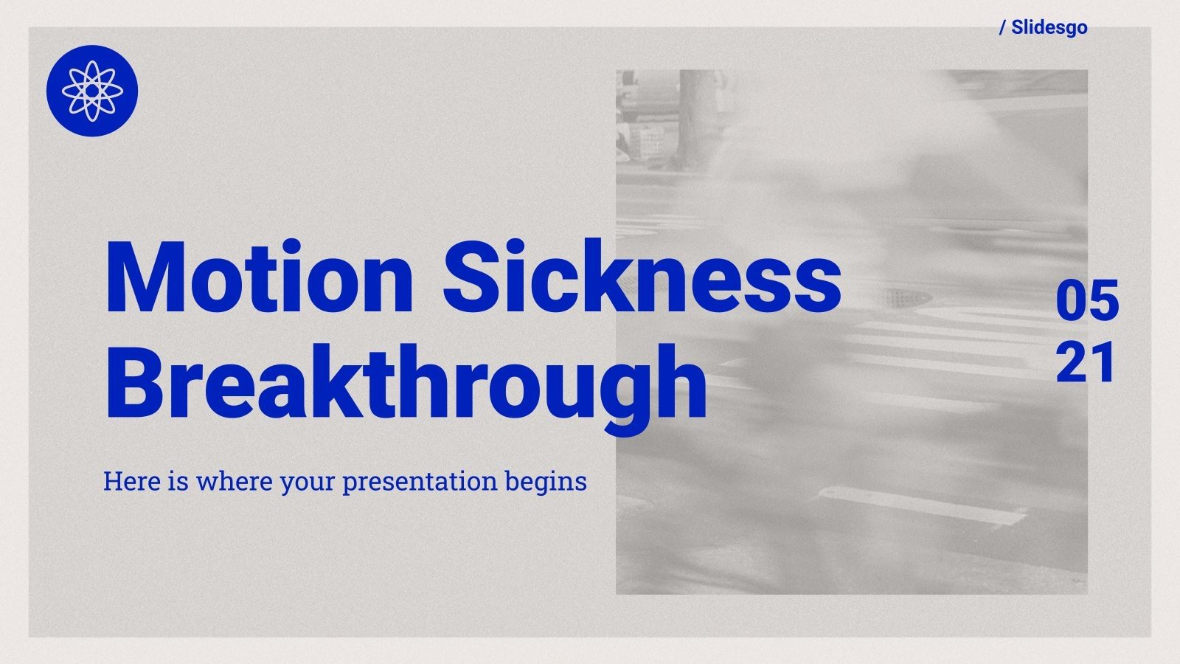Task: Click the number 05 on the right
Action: pos(1087,301)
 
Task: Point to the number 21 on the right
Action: pos(1086,363)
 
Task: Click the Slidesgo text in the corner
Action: pos(1049,27)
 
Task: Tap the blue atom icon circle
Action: pos(91,91)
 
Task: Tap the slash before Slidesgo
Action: pos(1002,28)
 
